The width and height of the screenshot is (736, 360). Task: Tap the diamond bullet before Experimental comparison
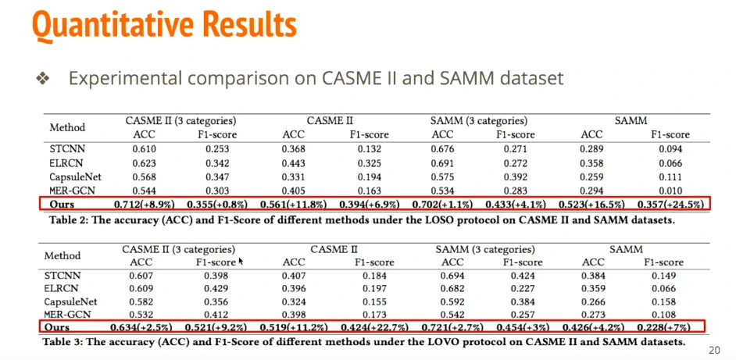tap(42, 79)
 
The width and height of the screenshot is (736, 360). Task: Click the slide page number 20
tap(713, 350)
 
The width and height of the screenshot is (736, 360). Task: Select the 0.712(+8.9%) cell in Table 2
tap(159, 205)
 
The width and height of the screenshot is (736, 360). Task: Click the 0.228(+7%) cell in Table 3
tap(666, 326)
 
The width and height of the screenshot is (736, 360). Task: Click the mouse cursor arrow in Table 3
tap(241, 262)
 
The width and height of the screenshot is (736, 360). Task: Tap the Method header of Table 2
tap(67, 127)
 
